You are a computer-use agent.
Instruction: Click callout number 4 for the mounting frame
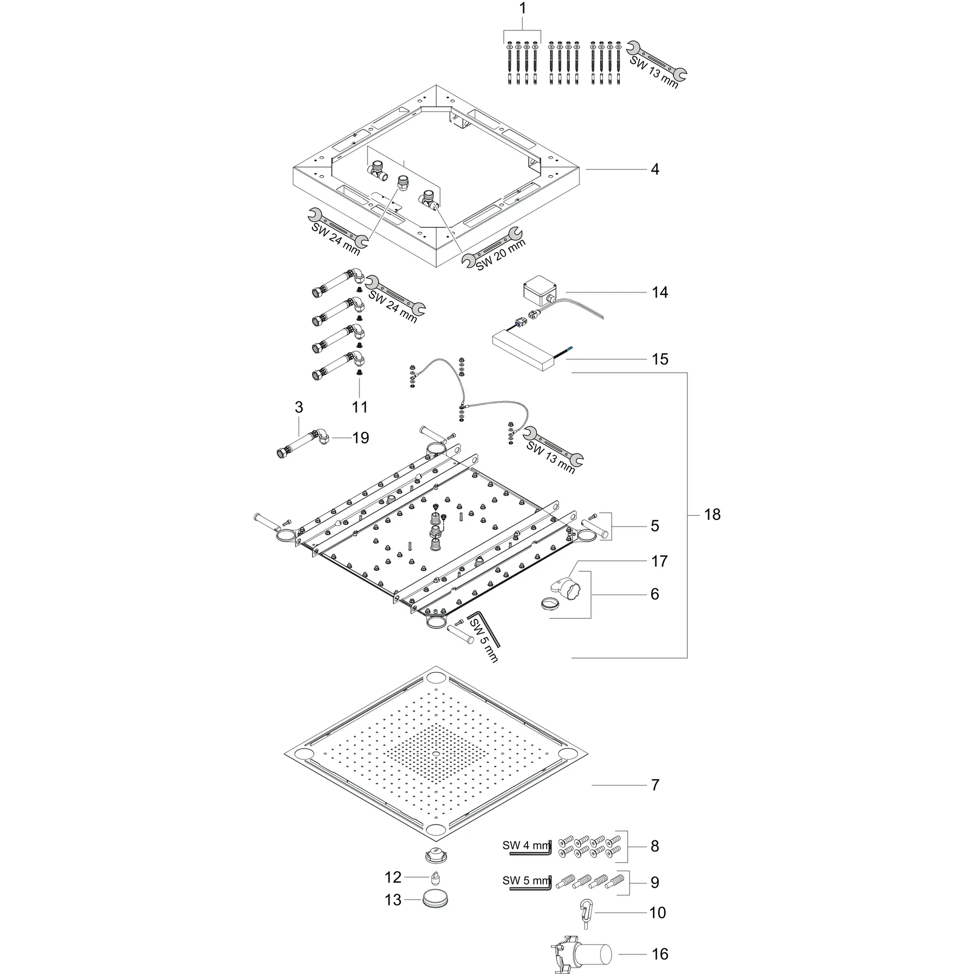click(654, 169)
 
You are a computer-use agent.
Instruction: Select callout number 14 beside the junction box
click(660, 292)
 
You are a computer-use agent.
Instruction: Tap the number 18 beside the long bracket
click(712, 515)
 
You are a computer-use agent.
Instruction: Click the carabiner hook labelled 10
click(587, 914)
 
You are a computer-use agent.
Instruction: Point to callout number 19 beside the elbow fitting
click(360, 438)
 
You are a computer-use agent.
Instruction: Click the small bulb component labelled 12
click(436, 878)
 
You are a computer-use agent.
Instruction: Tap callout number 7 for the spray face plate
click(654, 785)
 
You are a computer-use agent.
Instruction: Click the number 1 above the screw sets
click(522, 9)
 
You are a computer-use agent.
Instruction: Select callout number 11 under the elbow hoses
click(360, 408)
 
